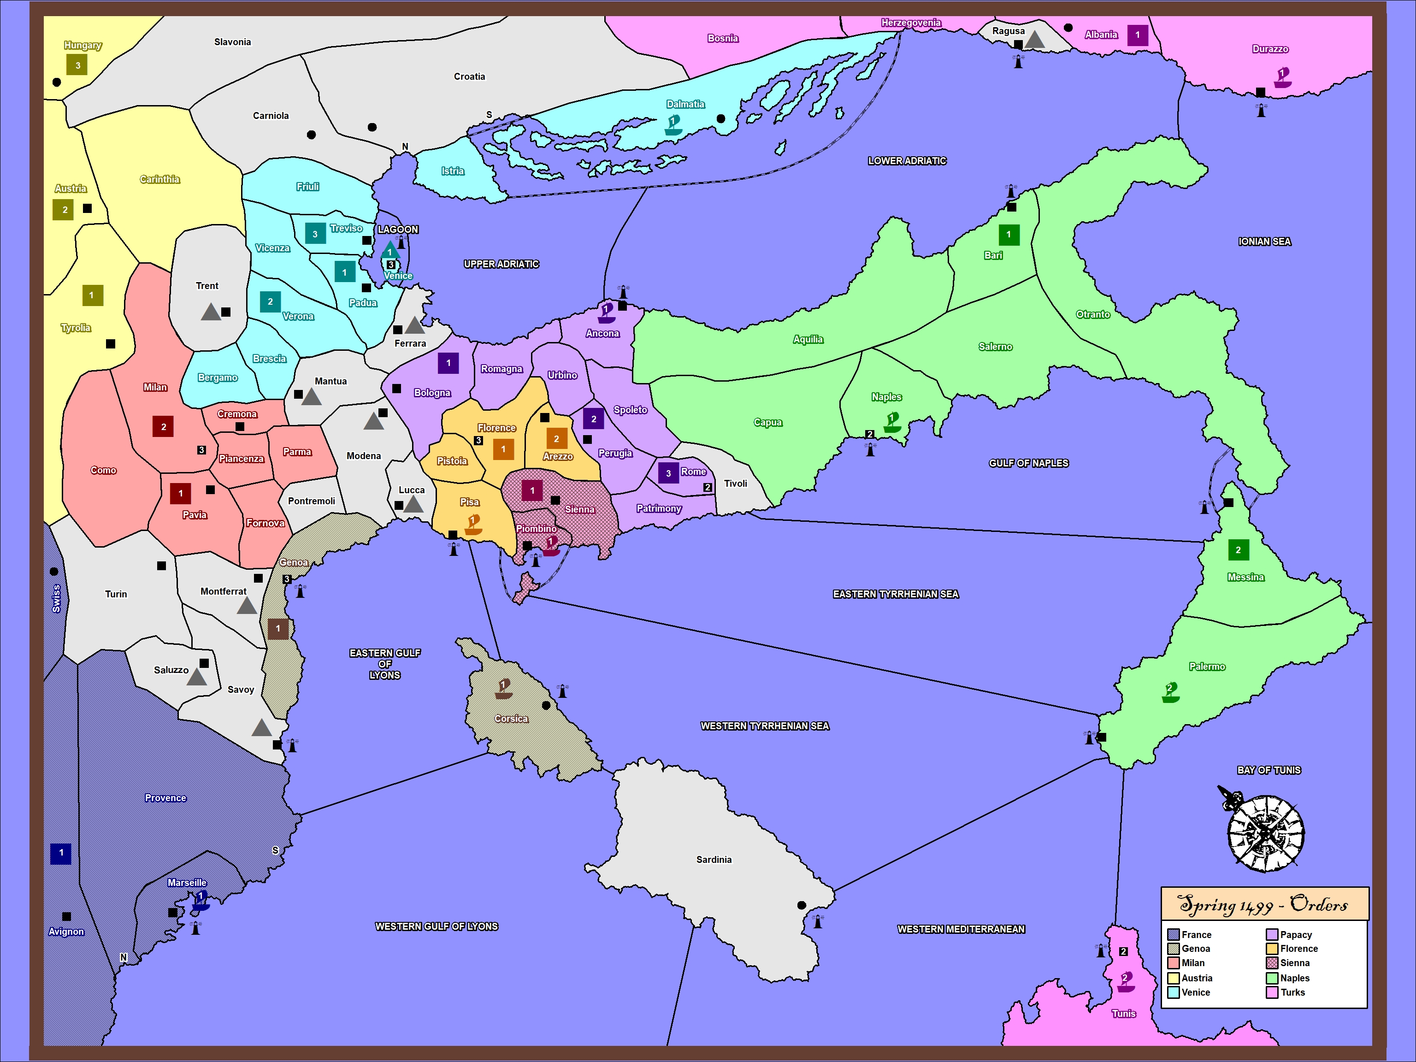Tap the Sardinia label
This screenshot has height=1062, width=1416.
(714, 860)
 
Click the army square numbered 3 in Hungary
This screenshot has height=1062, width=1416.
(77, 65)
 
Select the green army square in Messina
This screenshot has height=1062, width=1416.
(1238, 550)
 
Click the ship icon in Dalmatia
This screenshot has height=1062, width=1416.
(673, 124)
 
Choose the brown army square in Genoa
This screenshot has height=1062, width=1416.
(278, 629)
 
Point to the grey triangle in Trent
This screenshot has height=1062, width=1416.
(211, 312)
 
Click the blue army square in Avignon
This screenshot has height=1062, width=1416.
(61, 853)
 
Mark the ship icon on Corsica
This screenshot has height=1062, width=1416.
(504, 689)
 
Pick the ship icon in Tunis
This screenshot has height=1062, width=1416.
(1125, 981)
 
